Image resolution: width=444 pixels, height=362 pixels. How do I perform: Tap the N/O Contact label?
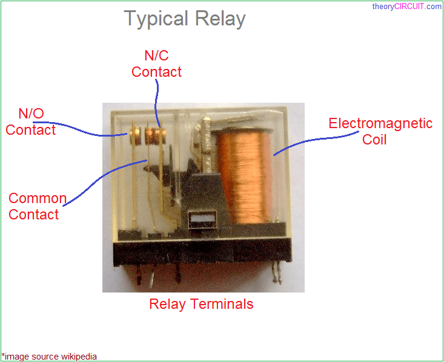pyautogui.click(x=31, y=121)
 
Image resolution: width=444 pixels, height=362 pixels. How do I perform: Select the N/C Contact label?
pyautogui.click(x=156, y=64)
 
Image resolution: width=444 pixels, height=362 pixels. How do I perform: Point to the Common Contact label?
pyautogui.click(x=37, y=206)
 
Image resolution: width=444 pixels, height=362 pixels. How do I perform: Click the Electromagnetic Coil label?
pyautogui.click(x=380, y=131)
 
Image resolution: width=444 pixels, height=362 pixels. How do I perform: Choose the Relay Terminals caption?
pyautogui.click(x=201, y=304)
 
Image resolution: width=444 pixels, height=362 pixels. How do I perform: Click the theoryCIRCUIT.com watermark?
pyautogui.click(x=406, y=7)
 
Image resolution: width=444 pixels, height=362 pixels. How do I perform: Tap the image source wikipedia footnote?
pyautogui.click(x=49, y=357)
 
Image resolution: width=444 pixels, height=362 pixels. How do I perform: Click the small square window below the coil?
pyautogui.click(x=197, y=221)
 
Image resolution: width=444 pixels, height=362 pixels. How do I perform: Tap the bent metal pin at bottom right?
pyautogui.click(x=279, y=275)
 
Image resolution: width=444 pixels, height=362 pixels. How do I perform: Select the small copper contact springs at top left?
pyautogui.click(x=149, y=135)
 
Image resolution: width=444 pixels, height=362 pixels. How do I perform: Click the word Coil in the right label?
pyautogui.click(x=374, y=140)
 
